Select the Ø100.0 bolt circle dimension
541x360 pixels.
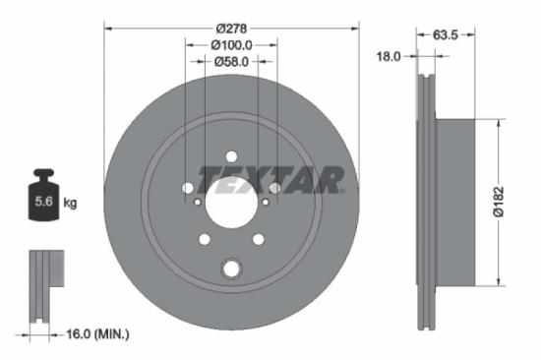pos(231,44)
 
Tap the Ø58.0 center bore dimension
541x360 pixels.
pos(231,61)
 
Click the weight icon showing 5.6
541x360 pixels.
pos(44,197)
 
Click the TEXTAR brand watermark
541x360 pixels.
pos(271,180)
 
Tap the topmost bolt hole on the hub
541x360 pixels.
pos(231,156)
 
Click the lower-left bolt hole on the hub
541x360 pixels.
pos(205,239)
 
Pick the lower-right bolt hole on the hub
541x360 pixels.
pos(258,239)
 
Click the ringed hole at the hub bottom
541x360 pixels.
pos(231,268)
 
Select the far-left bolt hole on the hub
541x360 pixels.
pos(188,188)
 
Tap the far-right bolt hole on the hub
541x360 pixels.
pos(274,188)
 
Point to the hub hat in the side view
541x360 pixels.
pos(454,197)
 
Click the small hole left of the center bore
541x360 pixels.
pos(198,202)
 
